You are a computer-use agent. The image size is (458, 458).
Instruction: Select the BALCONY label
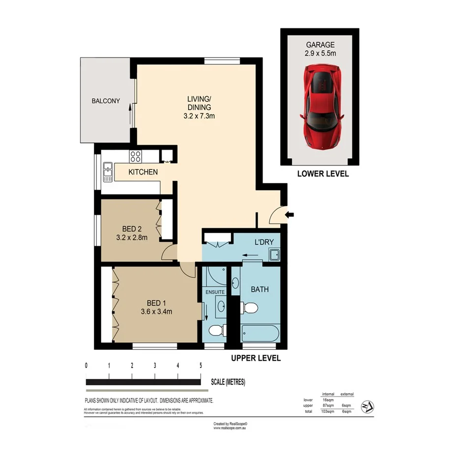click(106, 101)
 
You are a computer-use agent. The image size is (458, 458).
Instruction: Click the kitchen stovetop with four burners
click(135, 157)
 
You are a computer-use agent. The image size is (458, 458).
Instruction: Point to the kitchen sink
click(108, 172)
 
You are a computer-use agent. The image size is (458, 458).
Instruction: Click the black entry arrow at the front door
click(290, 214)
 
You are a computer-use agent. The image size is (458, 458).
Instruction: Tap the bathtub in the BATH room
click(260, 334)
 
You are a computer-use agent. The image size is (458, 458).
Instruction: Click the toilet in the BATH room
click(249, 308)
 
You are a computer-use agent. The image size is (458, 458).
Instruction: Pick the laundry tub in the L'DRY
click(274, 255)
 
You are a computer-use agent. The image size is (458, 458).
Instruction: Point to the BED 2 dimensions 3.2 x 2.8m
click(131, 237)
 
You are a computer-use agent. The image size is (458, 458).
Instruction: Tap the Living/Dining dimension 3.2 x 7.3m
click(199, 116)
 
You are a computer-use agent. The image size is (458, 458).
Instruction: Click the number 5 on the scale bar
click(200, 366)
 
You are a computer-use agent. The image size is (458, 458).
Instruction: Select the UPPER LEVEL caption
click(256, 358)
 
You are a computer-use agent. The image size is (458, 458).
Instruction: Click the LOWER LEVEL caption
click(323, 173)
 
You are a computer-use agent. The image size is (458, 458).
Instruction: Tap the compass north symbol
click(367, 406)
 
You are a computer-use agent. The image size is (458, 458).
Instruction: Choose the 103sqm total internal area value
click(326, 411)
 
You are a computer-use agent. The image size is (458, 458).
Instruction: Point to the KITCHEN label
click(143, 172)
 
